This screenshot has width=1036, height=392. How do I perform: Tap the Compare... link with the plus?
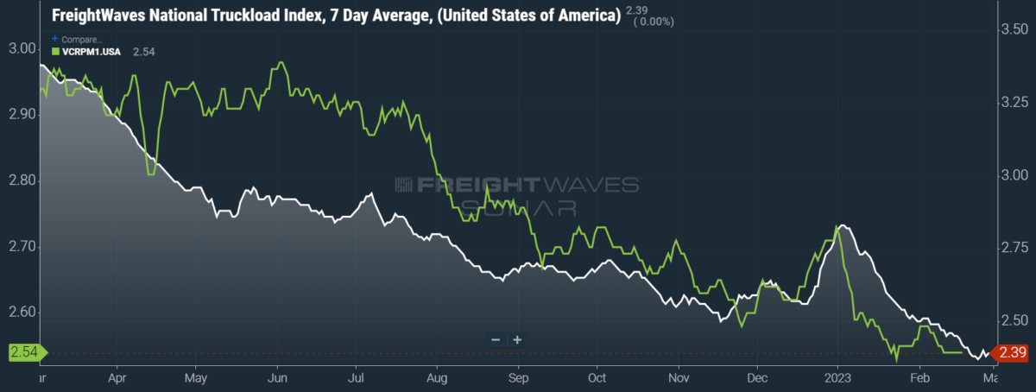coord(77,40)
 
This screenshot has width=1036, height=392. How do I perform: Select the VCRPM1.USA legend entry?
coord(86,52)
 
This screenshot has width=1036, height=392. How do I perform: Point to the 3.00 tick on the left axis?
coord(22,48)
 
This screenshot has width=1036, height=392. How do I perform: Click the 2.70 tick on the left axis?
coord(22,246)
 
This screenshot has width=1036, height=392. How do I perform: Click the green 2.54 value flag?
coord(28,352)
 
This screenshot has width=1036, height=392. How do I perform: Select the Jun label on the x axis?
coord(277,378)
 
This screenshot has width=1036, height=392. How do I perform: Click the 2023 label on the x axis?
coord(837,378)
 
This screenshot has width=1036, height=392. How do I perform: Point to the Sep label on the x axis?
coord(518,378)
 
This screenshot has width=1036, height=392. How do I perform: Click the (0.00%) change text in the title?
coord(654,22)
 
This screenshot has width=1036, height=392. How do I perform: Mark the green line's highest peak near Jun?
coord(281,62)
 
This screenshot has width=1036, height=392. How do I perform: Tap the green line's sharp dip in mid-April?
coord(151,174)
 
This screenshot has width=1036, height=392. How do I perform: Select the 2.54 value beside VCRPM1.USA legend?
coord(144,52)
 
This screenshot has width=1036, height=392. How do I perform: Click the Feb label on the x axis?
coord(919,378)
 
